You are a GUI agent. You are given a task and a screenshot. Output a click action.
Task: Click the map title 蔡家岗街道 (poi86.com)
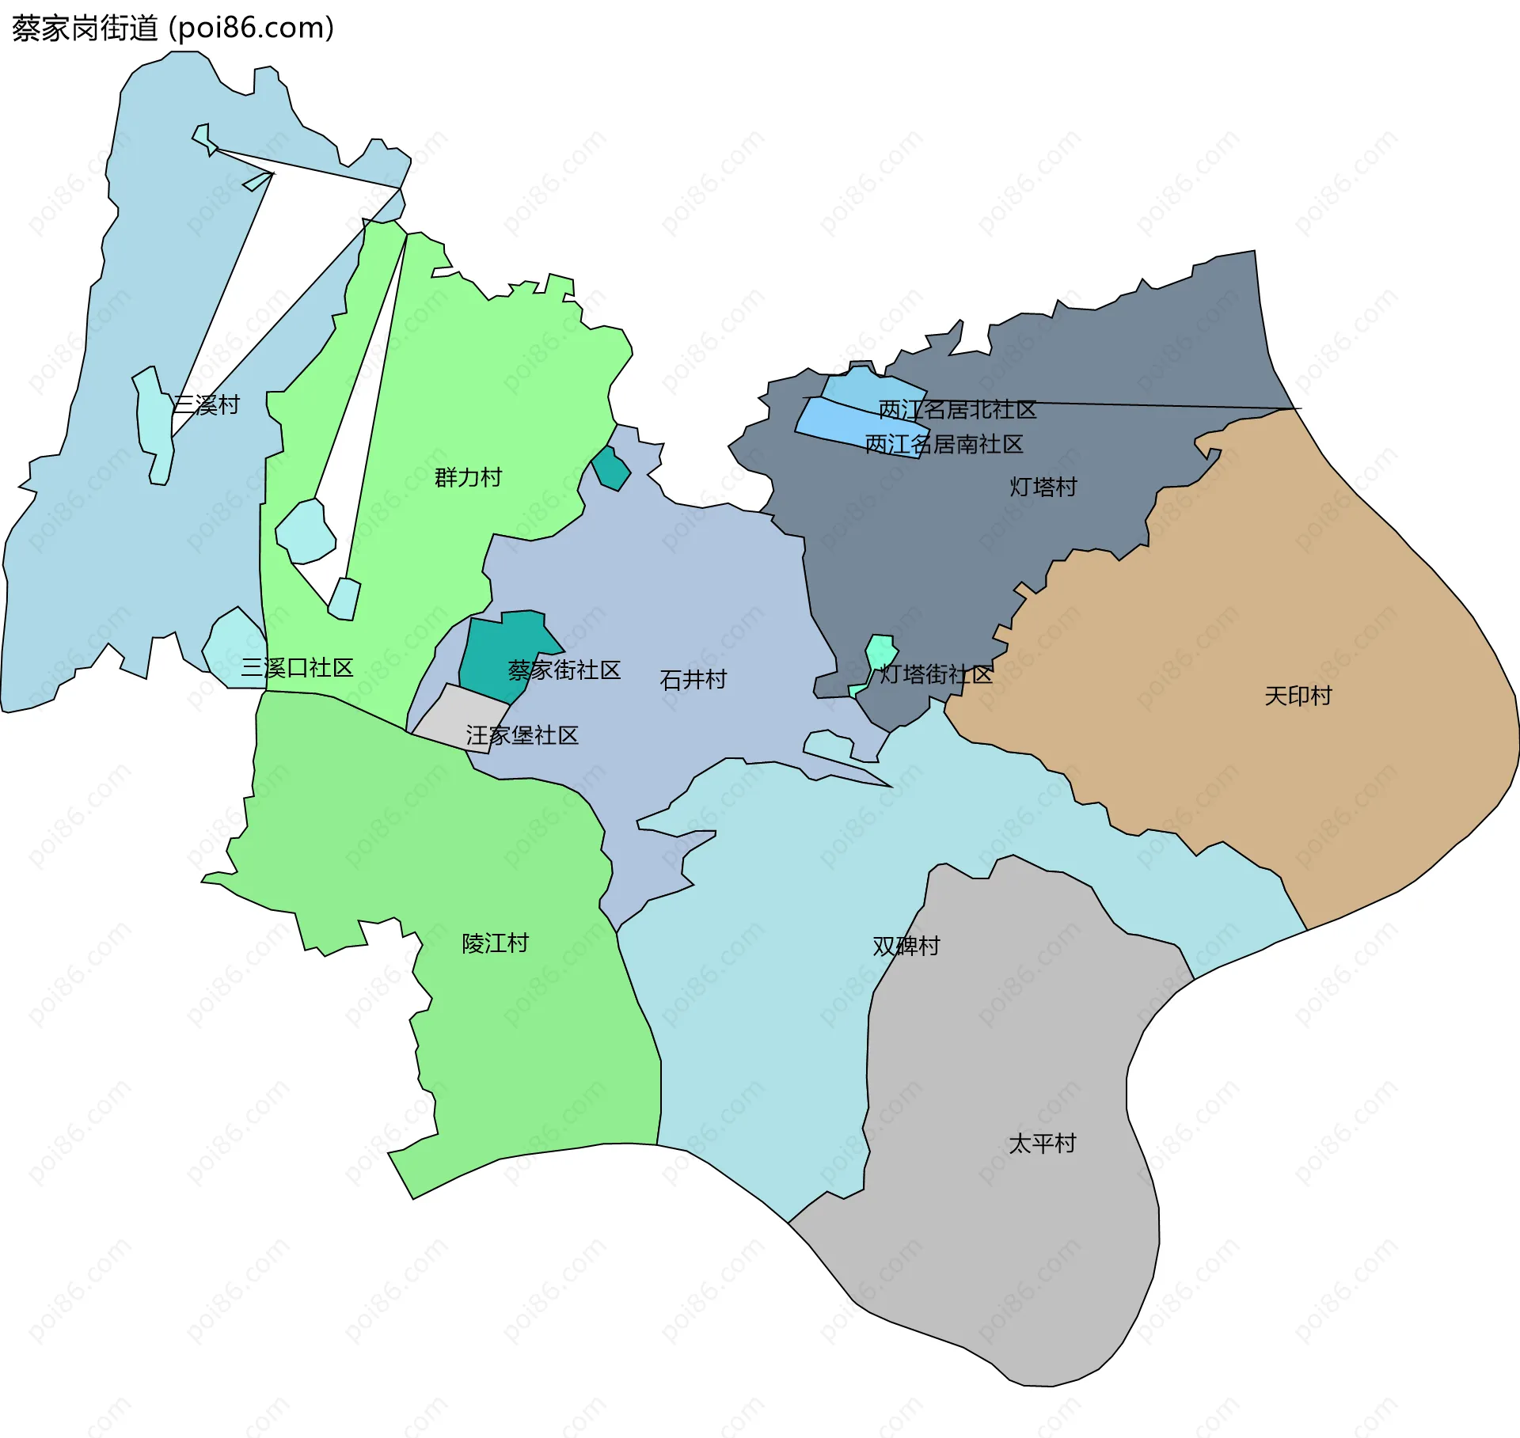pyautogui.click(x=173, y=28)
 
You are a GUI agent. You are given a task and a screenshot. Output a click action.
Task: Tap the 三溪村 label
pyautogui.click(x=206, y=405)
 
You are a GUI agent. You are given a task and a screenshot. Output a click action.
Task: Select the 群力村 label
pyautogui.click(x=468, y=478)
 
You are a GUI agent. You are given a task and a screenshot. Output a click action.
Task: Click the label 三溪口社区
pyautogui.click(x=297, y=668)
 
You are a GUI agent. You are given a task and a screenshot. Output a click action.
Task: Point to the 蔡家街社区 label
pyautogui.click(x=564, y=670)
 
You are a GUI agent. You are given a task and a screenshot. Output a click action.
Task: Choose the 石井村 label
pyautogui.click(x=693, y=680)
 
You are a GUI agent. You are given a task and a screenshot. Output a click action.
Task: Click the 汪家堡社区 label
pyautogui.click(x=522, y=736)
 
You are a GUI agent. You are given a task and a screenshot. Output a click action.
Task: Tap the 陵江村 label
pyautogui.click(x=495, y=943)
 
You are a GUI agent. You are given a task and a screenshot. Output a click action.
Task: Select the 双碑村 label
pyautogui.click(x=906, y=947)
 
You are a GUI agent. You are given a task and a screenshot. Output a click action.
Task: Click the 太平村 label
pyautogui.click(x=1042, y=1144)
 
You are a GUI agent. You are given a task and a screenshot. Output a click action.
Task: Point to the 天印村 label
pyautogui.click(x=1298, y=696)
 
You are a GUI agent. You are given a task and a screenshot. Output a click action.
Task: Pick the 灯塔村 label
pyautogui.click(x=1043, y=487)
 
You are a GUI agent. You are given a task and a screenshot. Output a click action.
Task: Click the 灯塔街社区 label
pyautogui.click(x=936, y=675)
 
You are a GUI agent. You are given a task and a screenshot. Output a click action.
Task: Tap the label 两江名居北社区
pyautogui.click(x=957, y=410)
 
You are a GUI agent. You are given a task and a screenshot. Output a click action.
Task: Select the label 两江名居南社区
pyautogui.click(x=944, y=445)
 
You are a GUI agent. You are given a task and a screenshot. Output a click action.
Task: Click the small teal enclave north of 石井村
pyautogui.click(x=612, y=470)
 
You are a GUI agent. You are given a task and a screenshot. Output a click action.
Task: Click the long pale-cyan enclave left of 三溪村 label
pyautogui.click(x=155, y=423)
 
